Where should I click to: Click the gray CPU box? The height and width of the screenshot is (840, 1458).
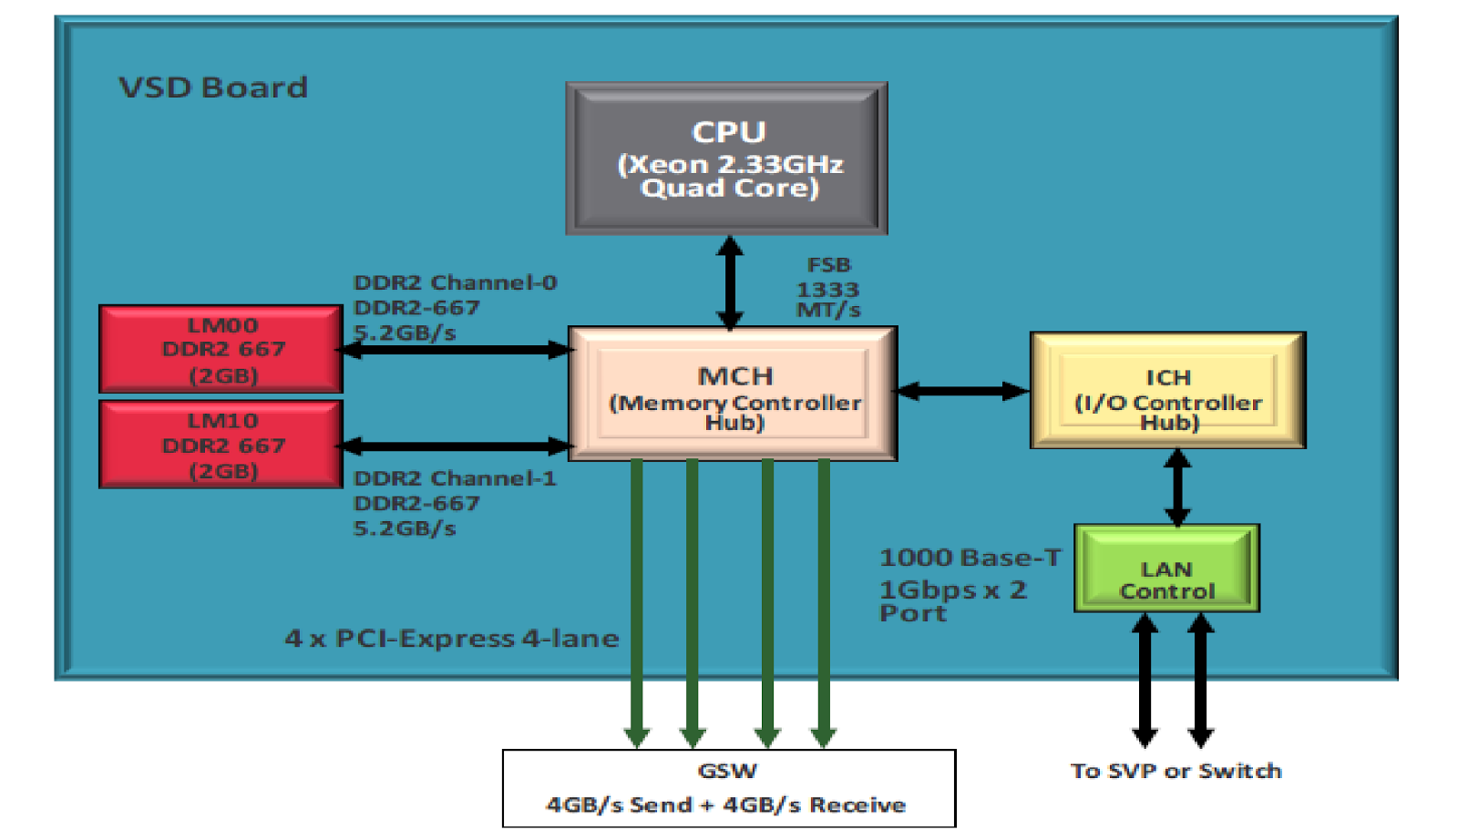pos(726,159)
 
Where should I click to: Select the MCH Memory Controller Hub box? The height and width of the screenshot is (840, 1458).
pos(733,394)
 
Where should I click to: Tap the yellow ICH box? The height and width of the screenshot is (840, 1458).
pos(1167,391)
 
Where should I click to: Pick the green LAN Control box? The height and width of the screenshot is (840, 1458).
pos(1166,569)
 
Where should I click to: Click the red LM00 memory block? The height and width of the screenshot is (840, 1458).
pos(221,349)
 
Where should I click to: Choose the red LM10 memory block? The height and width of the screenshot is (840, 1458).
pos(221,445)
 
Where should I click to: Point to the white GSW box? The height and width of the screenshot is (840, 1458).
pos(728,788)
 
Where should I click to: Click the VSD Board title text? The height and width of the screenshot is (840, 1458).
pos(213,87)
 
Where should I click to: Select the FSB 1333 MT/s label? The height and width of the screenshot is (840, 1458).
pos(828,288)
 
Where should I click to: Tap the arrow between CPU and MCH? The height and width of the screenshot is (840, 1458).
pos(729,282)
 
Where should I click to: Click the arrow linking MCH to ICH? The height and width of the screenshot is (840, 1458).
pos(962,391)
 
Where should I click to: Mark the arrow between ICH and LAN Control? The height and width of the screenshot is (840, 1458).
pos(1176,487)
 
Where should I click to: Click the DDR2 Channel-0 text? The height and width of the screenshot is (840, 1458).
pos(455,282)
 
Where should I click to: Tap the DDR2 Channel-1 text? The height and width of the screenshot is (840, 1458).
pos(454,478)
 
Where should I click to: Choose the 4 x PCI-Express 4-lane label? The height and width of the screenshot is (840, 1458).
pos(451,638)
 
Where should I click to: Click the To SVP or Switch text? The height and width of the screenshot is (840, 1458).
pos(1176,771)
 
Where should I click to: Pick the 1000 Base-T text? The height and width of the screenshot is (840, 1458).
pos(970,558)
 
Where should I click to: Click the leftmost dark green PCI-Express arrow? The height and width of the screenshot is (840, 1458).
pos(636,601)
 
